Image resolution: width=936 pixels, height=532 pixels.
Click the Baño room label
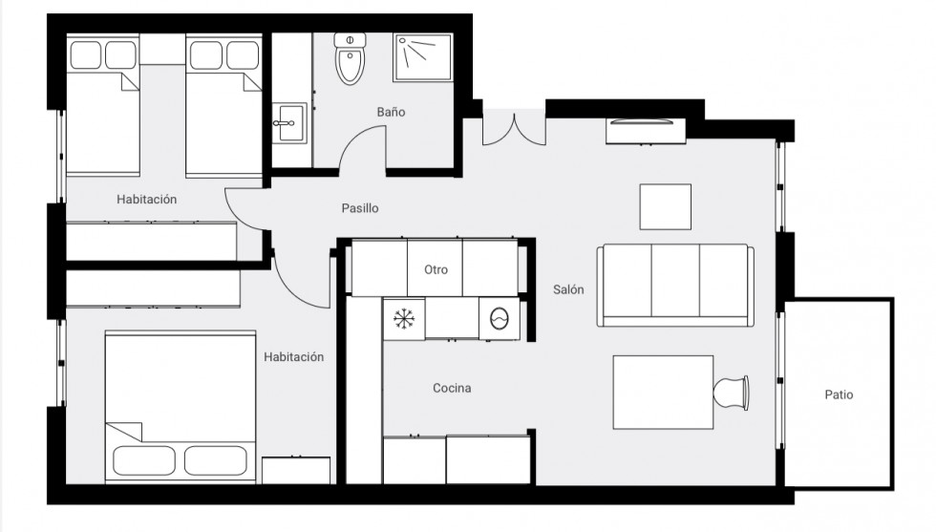tap(391, 112)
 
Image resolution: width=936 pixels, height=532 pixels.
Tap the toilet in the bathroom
tap(350, 58)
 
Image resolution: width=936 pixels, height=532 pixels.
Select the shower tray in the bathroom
tap(422, 57)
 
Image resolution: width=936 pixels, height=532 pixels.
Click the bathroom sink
tap(289, 123)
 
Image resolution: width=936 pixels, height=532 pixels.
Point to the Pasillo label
tap(360, 208)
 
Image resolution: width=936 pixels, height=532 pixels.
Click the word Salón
tap(568, 289)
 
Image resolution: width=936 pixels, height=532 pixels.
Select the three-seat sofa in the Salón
tap(675, 285)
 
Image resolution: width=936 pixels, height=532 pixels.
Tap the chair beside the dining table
tap(732, 393)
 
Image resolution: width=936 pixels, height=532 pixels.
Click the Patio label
tap(839, 394)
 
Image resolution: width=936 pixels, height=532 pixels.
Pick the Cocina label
tap(452, 388)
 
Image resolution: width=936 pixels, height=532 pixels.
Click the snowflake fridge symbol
tap(404, 319)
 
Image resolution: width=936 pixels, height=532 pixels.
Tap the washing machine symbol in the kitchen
tap(499, 319)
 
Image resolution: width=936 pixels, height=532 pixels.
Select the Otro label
tap(436, 270)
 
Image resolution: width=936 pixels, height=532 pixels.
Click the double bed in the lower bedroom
tap(181, 406)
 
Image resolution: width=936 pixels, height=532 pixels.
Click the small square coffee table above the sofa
tap(666, 206)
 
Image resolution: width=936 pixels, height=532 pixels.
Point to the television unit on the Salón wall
tap(646, 131)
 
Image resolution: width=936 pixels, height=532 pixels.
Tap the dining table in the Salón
tap(663, 393)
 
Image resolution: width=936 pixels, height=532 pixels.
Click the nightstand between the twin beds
tap(162, 49)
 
